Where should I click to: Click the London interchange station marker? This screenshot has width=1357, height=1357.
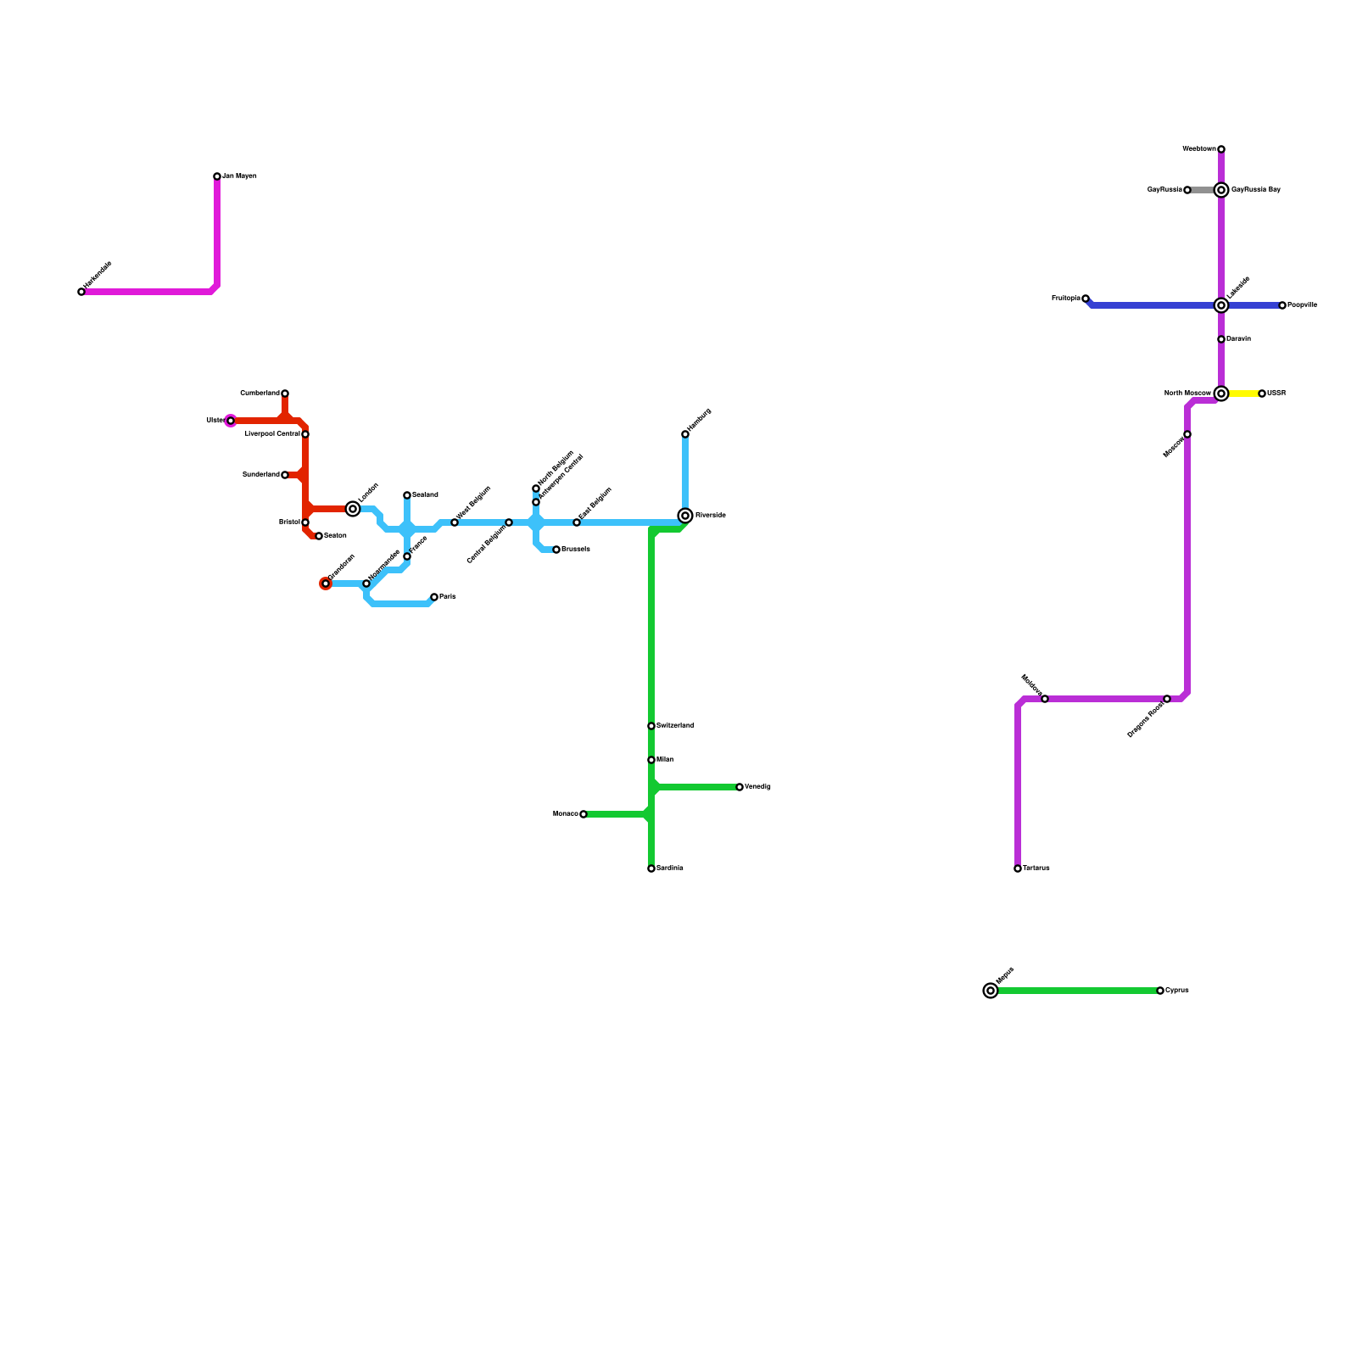(x=353, y=509)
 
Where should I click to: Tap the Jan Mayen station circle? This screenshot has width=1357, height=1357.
(x=217, y=176)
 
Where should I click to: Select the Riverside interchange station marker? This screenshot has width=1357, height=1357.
(x=685, y=516)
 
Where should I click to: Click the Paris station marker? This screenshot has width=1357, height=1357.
(x=434, y=597)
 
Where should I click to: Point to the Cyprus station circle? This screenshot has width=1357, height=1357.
(x=1160, y=991)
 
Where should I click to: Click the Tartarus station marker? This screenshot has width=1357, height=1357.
(x=1018, y=868)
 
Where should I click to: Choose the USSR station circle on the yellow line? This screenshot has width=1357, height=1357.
(x=1262, y=394)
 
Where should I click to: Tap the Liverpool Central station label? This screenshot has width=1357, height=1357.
(x=272, y=434)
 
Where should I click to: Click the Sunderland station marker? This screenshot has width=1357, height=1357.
(x=285, y=475)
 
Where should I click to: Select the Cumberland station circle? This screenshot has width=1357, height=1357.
(x=285, y=394)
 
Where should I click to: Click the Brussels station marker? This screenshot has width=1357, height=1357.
(x=556, y=550)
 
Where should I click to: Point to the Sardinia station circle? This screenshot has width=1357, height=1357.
(x=651, y=868)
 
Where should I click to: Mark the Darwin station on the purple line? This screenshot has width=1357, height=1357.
(x=1221, y=339)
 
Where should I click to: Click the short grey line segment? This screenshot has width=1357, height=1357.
(x=1203, y=190)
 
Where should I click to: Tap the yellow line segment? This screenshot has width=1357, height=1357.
(x=1243, y=394)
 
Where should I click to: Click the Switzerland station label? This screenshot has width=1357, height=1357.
(x=675, y=726)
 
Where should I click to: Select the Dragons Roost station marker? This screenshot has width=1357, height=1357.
(x=1167, y=699)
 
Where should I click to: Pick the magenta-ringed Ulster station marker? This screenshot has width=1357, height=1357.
(x=231, y=421)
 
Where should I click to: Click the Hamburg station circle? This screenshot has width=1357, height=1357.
(x=685, y=434)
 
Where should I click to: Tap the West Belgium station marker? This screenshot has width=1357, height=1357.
(x=455, y=522)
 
